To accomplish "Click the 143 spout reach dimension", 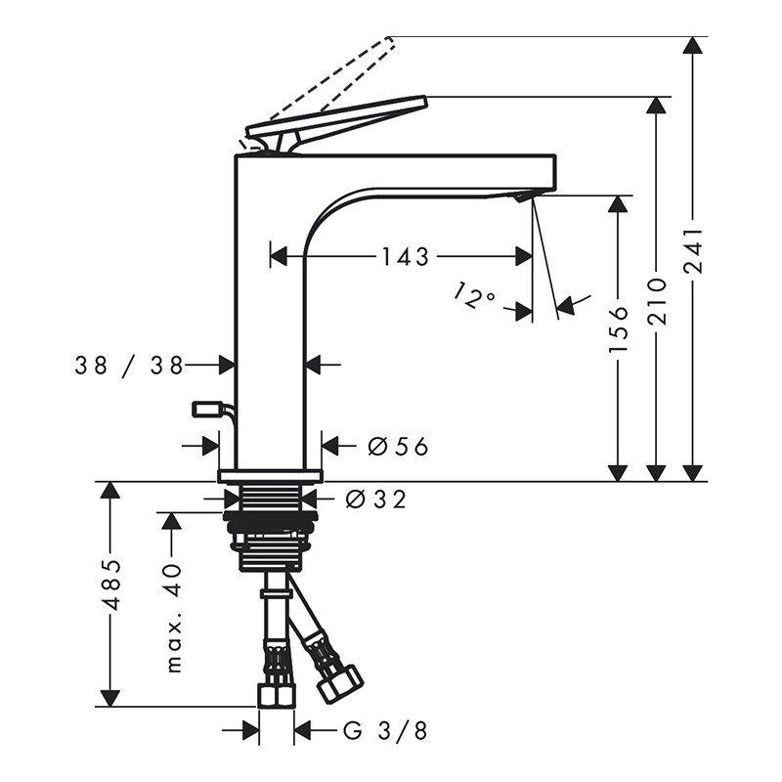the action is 405,257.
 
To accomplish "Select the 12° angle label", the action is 474,295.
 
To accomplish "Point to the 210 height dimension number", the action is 657,302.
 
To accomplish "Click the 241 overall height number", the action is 693,251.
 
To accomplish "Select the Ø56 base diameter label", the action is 398,446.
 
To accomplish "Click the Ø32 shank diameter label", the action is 376,500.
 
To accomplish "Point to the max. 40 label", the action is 173,618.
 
